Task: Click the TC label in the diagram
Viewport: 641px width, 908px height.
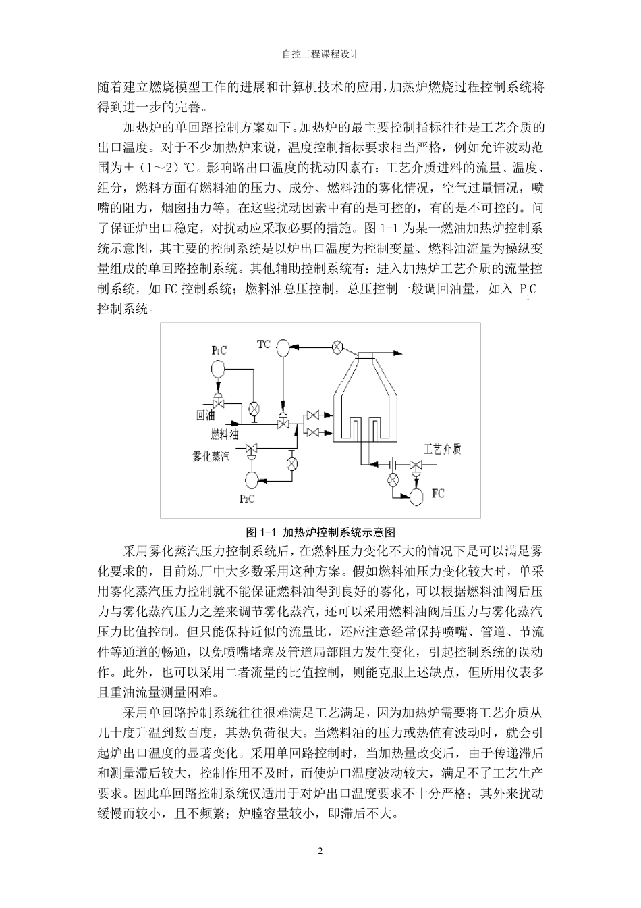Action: [263, 344]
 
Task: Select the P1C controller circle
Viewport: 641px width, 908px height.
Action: [217, 369]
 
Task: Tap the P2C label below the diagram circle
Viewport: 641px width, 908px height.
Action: [248, 499]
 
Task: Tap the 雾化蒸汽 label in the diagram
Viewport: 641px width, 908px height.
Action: [212, 457]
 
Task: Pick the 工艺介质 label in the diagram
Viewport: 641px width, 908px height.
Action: [442, 449]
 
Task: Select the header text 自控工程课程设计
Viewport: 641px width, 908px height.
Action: [320, 55]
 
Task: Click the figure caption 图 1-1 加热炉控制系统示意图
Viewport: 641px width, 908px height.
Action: [320, 532]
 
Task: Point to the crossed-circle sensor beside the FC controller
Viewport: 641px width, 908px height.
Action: [393, 480]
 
